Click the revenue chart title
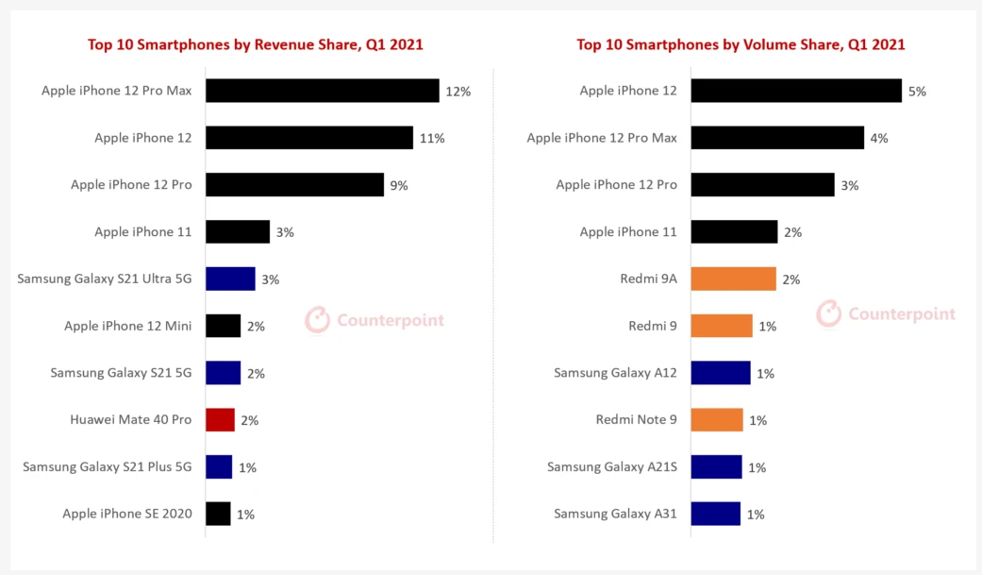pyautogui.click(x=255, y=44)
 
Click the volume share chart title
pyautogui.click(x=741, y=44)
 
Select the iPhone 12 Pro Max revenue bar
pyautogui.click(x=322, y=91)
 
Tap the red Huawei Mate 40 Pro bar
pyautogui.click(x=220, y=420)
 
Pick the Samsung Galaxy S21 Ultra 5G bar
pyautogui.click(x=230, y=279)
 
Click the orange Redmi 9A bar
pyautogui.click(x=733, y=279)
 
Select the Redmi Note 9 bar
pyautogui.click(x=717, y=420)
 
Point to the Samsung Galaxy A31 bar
pyautogui.click(x=715, y=514)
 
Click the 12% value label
pyautogui.click(x=458, y=92)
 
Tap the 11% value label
pyautogui.click(x=432, y=139)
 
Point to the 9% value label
pyautogui.click(x=398, y=186)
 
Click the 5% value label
pyautogui.click(x=917, y=92)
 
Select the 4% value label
pyautogui.click(x=878, y=139)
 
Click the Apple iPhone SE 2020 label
pyautogui.click(x=127, y=514)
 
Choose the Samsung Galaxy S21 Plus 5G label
pyautogui.click(x=108, y=466)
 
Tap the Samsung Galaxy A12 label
pyautogui.click(x=615, y=373)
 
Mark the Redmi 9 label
pyautogui.click(x=653, y=326)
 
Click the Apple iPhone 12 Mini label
pyautogui.click(x=127, y=326)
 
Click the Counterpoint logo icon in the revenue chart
pyautogui.click(x=318, y=320)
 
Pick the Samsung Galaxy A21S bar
pyautogui.click(x=716, y=466)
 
